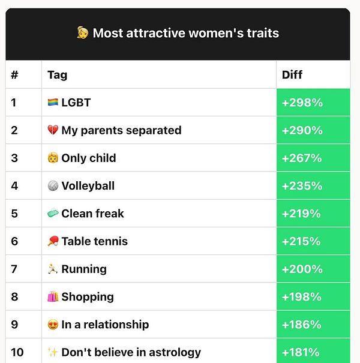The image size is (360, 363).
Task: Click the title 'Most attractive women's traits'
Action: (x=185, y=33)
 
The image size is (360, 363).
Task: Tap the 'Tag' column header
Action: (x=58, y=75)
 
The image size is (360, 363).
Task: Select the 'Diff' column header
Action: (x=292, y=75)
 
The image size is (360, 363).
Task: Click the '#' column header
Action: (x=14, y=75)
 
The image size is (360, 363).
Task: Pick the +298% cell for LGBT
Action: (x=302, y=103)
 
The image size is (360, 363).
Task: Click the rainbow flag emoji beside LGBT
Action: (x=53, y=103)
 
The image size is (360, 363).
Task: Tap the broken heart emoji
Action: (x=53, y=130)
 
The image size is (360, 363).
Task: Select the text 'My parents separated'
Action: (x=121, y=130)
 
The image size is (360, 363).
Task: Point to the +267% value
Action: (x=302, y=158)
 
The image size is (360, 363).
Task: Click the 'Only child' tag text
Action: (x=89, y=158)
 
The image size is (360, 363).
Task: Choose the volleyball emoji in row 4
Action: (x=53, y=186)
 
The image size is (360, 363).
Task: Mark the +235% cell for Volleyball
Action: (x=302, y=186)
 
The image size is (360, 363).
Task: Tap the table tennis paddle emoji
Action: (x=53, y=241)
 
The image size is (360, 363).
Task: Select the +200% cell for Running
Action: (x=302, y=269)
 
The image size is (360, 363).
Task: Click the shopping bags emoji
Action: (x=53, y=296)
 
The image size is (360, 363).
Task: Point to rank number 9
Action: (x=14, y=325)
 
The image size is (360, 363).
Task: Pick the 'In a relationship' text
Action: (x=105, y=325)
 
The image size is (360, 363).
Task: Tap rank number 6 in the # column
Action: (x=14, y=241)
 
